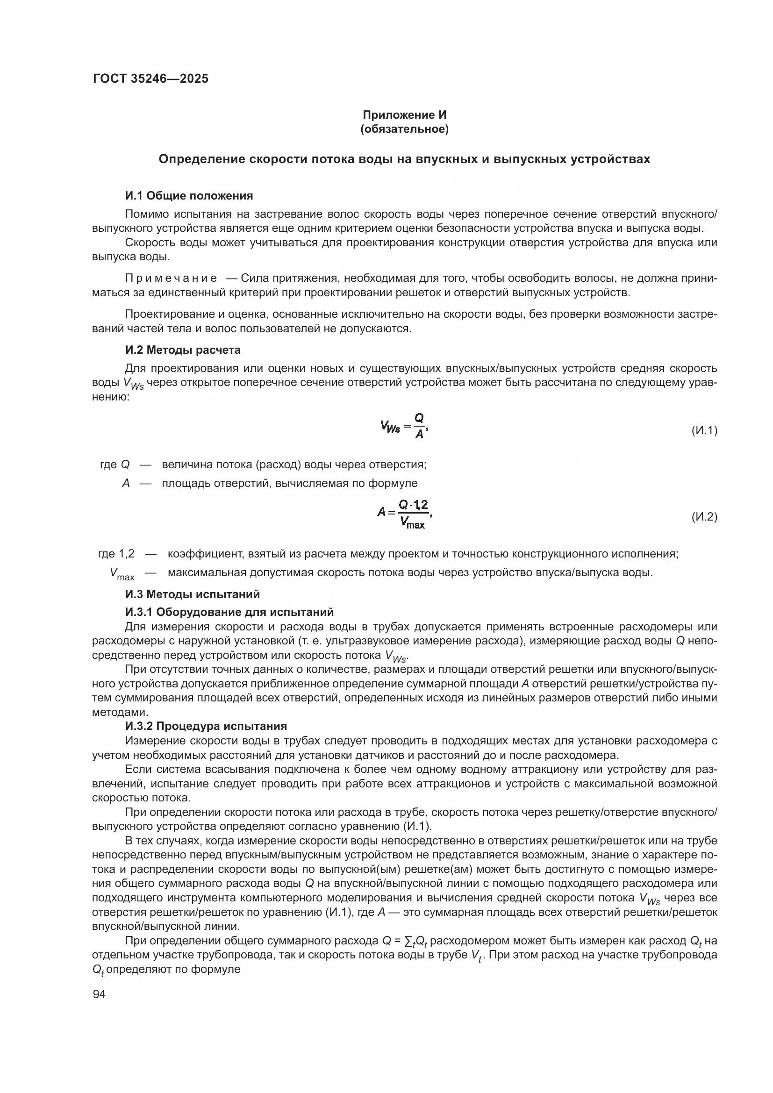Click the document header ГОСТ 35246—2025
pos(150,79)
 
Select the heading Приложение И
pos(405,115)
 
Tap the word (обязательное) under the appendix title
pos(405,129)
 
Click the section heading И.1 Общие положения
pos(189,196)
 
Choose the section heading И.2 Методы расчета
pos(183,350)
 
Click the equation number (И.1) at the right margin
pos(704,430)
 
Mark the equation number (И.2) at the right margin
pos(704,516)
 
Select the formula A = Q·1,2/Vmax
pos(405,514)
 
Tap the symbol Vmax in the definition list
pos(122,574)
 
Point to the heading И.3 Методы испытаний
pos(192,594)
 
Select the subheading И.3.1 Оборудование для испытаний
pos(229,612)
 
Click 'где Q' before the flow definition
pos(115,464)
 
